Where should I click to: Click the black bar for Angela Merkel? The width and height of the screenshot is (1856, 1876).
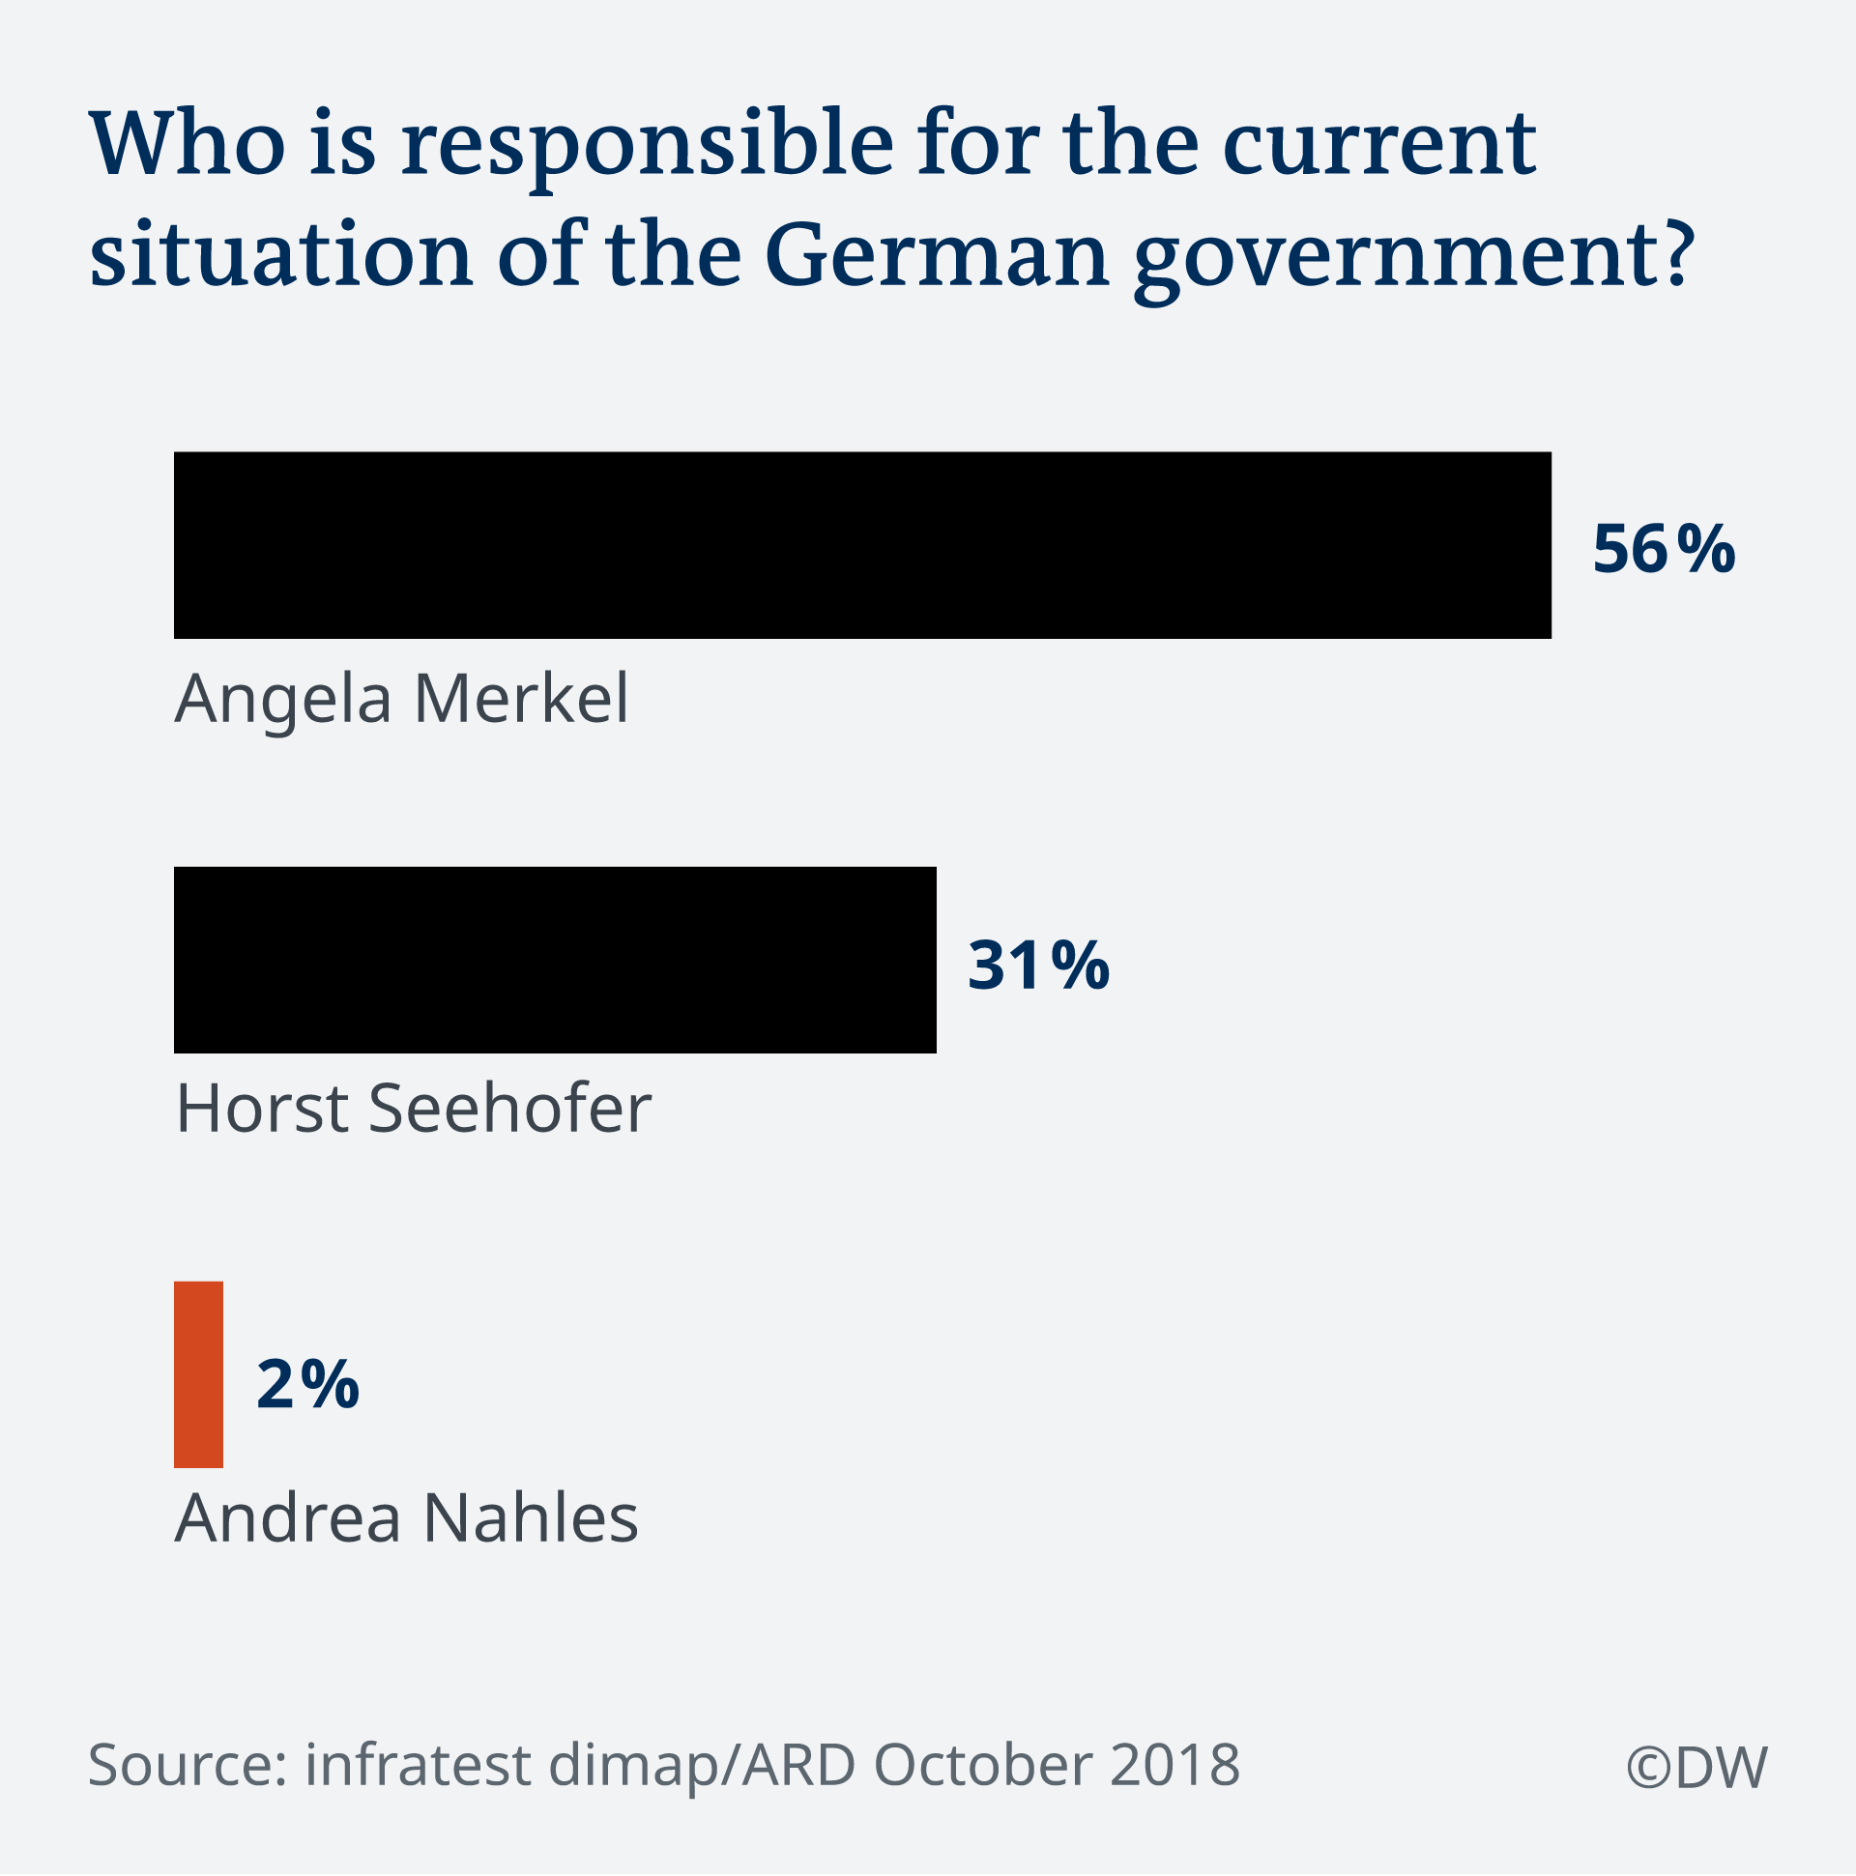point(862,545)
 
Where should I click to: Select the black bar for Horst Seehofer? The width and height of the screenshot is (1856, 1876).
point(555,960)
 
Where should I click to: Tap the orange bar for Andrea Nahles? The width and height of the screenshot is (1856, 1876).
point(198,1374)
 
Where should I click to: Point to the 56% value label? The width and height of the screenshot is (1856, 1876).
point(1664,550)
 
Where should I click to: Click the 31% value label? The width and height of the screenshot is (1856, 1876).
point(1038,966)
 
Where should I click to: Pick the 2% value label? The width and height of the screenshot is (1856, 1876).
point(307,1384)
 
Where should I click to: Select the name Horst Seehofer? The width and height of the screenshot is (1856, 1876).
point(414,1109)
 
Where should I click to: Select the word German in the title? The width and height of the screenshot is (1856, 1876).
point(938,254)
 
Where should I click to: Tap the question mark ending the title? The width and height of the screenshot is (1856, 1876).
point(1677,253)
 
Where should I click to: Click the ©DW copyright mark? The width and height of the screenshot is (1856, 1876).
point(1696,1767)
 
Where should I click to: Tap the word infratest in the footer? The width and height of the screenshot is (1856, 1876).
point(419,1764)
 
